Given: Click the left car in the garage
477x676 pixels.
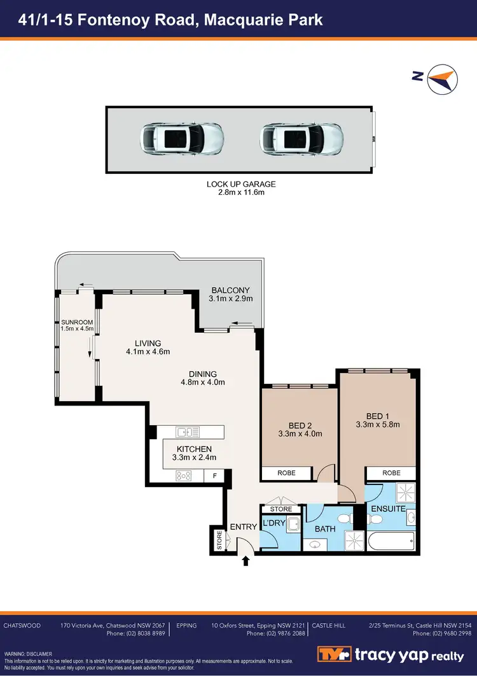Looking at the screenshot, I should coord(181,138).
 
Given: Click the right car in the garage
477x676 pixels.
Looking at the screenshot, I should coord(301,138).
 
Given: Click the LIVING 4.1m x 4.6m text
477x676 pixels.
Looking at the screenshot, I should coord(148,348).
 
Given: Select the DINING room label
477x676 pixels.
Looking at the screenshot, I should coord(203,378).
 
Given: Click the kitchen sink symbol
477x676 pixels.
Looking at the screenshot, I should coord(189,432).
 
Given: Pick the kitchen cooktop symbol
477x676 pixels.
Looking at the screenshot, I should coord(184,475).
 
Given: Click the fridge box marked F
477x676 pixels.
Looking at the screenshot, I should coord(214,475).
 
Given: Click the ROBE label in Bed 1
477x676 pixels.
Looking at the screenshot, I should coord(391,473).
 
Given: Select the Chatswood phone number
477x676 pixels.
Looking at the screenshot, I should coord(135,633).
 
